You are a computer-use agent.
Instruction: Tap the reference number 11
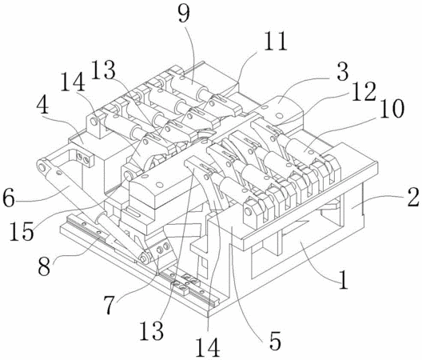pyautogui.click(x=275, y=42)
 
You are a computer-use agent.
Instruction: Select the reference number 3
pyautogui.click(x=343, y=71)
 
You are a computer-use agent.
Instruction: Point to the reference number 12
pyautogui.click(x=364, y=91)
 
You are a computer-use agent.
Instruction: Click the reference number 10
pyautogui.click(x=392, y=108)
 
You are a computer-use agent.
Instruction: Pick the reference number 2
pyautogui.click(x=412, y=198)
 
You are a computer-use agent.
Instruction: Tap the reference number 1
pyautogui.click(x=344, y=279)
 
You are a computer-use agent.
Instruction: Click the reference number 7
pyautogui.click(x=109, y=305)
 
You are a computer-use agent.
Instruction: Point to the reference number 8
pyautogui.click(x=44, y=266)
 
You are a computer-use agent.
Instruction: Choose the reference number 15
pyautogui.click(x=22, y=231)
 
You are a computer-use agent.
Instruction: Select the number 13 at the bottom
pyautogui.click(x=152, y=330)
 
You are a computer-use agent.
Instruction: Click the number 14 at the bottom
pyautogui.click(x=208, y=348)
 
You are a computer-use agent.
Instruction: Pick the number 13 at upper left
pyautogui.click(x=103, y=70)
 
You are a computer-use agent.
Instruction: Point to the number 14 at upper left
pyautogui.click(x=73, y=83)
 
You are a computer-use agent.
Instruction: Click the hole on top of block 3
pyautogui.click(x=280, y=115)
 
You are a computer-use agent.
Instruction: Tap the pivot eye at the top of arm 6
pyautogui.click(x=42, y=167)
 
